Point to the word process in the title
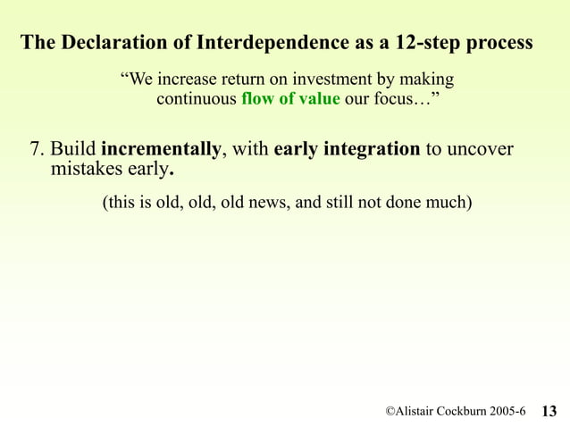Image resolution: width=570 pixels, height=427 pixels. (499, 44)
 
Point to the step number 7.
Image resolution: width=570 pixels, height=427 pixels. (37, 149)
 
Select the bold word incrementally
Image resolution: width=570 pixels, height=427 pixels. (162, 149)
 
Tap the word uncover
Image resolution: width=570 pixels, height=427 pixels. (480, 149)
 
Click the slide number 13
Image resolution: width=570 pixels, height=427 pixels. (549, 411)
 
